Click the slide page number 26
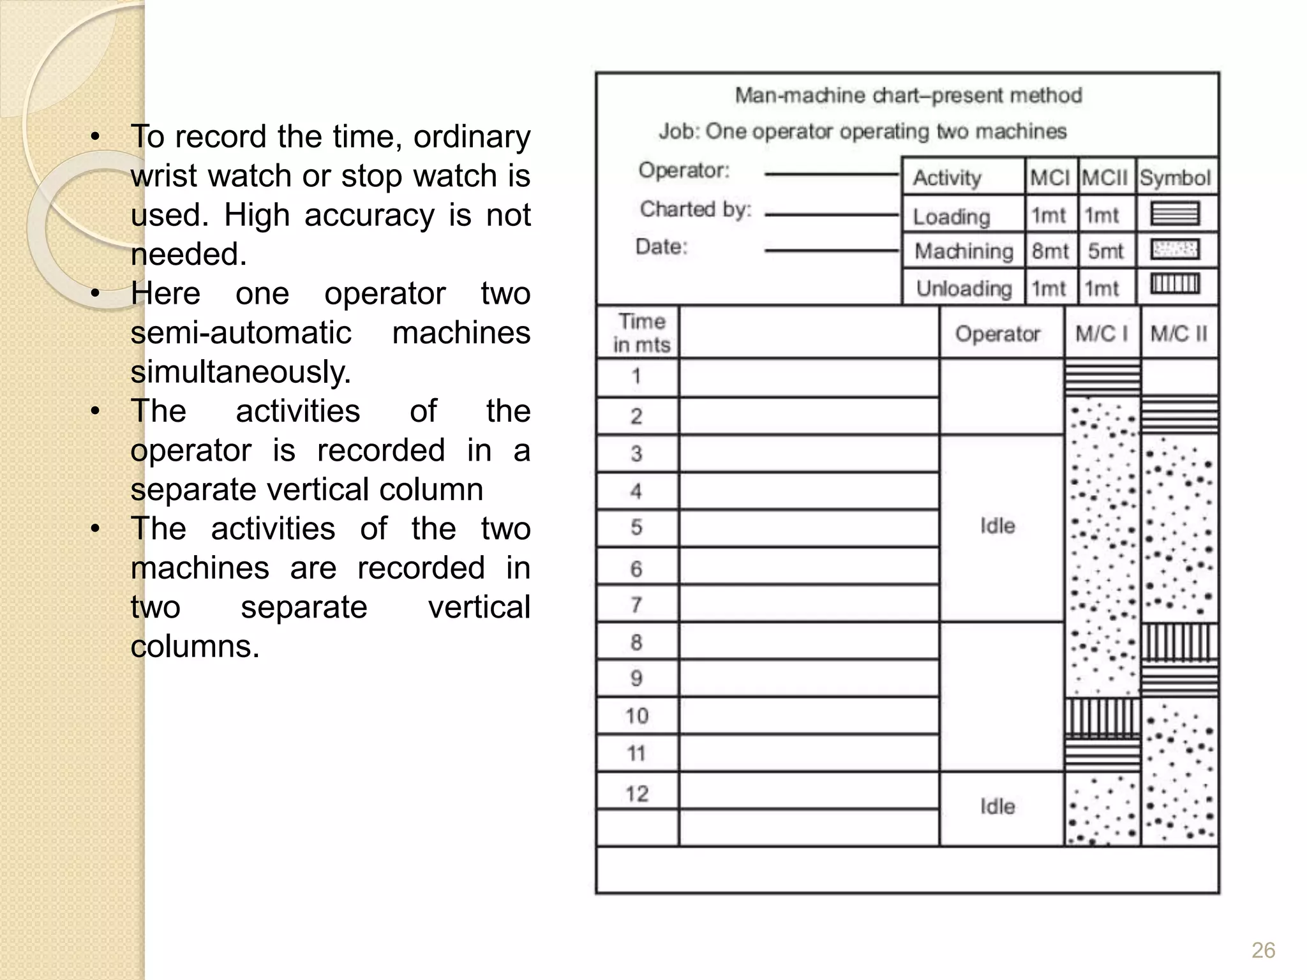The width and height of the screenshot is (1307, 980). [1263, 950]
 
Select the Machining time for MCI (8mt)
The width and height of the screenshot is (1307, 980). [1050, 251]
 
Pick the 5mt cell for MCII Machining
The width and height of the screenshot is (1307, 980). [1105, 251]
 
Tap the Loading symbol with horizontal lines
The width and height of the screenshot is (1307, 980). [1175, 214]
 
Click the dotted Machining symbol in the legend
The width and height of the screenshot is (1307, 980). [1175, 249]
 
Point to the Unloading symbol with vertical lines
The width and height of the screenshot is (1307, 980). [1175, 284]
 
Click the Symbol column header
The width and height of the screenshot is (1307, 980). [1175, 177]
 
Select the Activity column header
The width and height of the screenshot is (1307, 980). [947, 177]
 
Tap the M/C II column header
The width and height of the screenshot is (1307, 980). [1179, 333]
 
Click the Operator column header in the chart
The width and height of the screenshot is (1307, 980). [997, 333]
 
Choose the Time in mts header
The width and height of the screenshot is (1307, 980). [641, 332]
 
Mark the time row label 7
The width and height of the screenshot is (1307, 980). [636, 604]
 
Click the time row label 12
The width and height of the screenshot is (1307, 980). [637, 794]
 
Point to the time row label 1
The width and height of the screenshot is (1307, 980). [636, 376]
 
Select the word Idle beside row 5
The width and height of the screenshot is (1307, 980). [997, 526]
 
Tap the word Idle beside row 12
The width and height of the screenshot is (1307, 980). [997, 806]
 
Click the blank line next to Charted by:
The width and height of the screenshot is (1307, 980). [831, 214]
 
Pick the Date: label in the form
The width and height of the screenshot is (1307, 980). [662, 246]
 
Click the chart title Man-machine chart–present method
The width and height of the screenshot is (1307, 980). [908, 96]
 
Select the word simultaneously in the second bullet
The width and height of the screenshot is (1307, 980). [241, 372]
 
